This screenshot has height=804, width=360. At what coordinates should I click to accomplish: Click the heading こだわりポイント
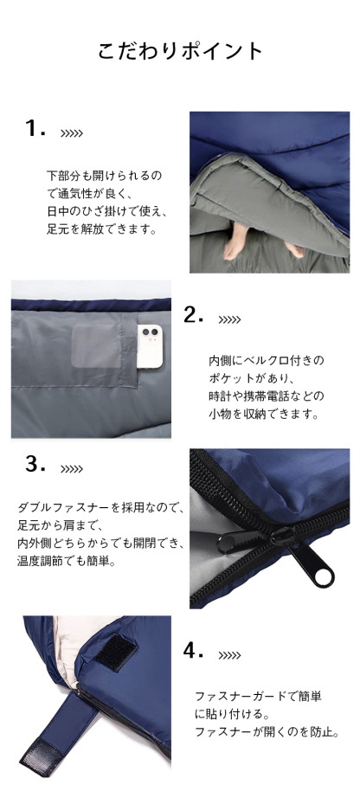(180, 50)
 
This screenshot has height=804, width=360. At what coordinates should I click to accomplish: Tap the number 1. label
(35, 129)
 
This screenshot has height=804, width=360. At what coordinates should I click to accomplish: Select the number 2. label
(194, 315)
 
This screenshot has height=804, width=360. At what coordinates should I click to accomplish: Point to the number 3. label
(35, 465)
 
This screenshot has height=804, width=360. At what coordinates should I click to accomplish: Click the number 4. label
(194, 651)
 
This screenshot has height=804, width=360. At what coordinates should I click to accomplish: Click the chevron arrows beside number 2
(229, 320)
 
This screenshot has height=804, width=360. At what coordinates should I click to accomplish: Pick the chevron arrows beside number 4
(229, 656)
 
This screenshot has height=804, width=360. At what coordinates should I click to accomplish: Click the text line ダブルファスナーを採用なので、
(100, 508)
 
